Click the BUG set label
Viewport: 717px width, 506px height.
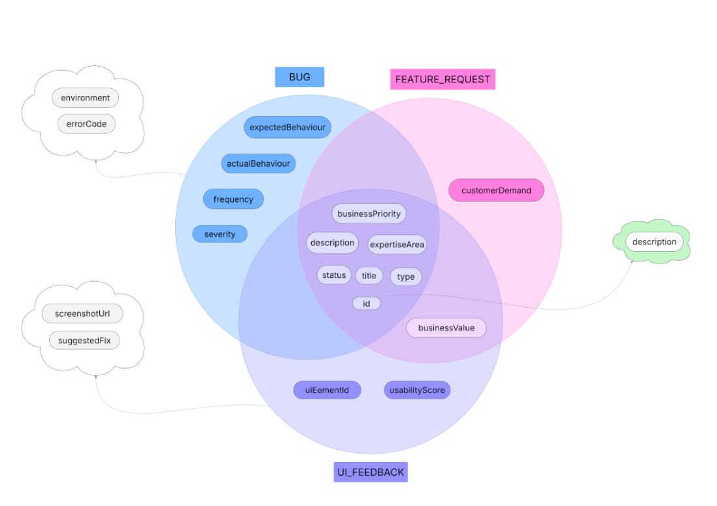pyautogui.click(x=299, y=77)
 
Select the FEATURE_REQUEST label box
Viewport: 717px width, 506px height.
pyautogui.click(x=442, y=79)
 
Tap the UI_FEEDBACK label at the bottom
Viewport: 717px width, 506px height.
pyautogui.click(x=370, y=472)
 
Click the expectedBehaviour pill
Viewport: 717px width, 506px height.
pyautogui.click(x=288, y=127)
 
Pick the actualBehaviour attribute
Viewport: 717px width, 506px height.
pyautogui.click(x=258, y=163)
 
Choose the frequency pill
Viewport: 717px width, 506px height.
pyautogui.click(x=233, y=199)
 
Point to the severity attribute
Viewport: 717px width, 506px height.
pyautogui.click(x=220, y=234)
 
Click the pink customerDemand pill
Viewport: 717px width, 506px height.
pyautogui.click(x=496, y=190)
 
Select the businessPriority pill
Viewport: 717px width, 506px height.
pyautogui.click(x=369, y=214)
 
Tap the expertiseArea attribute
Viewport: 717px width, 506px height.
pyautogui.click(x=397, y=245)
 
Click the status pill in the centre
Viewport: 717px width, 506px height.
pyautogui.click(x=334, y=275)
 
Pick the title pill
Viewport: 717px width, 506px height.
pyautogui.click(x=369, y=276)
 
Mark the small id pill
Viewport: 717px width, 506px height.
pyautogui.click(x=367, y=303)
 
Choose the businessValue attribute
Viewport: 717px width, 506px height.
pyautogui.click(x=446, y=328)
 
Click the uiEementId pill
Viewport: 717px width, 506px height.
pyautogui.click(x=327, y=390)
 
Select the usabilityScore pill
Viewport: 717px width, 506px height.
pyautogui.click(x=417, y=390)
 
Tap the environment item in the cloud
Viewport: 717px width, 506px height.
pyautogui.click(x=86, y=98)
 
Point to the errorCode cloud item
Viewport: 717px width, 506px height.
pyautogui.click(x=86, y=124)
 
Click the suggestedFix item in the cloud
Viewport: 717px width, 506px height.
pyautogui.click(x=84, y=340)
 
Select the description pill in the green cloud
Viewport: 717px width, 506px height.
pyautogui.click(x=654, y=242)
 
